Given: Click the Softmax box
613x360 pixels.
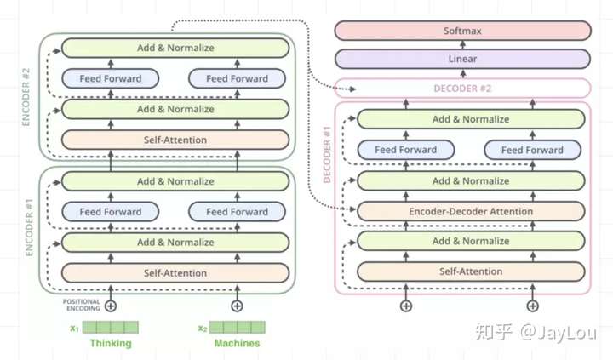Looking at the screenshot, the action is point(462,31).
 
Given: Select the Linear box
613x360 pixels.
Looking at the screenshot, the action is point(462,59).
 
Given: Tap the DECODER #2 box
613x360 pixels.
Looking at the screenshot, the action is point(462,89).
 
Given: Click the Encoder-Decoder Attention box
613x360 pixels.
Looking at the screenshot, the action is point(471,211).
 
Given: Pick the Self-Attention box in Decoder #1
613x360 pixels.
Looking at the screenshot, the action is point(471,271).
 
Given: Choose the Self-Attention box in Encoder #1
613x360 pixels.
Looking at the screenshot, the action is point(175,273).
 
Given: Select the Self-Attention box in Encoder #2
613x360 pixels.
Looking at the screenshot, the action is point(175,140).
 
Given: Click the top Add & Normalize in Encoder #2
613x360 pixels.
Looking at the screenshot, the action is point(175,48).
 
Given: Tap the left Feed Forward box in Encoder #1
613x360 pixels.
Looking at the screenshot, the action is point(110,212).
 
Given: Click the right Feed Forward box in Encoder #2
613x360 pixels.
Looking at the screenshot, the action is point(237,78).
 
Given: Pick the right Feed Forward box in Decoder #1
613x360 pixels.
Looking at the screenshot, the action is point(532,150).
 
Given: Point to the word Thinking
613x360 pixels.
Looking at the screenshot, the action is point(111,343).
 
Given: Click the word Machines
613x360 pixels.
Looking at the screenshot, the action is point(237,343).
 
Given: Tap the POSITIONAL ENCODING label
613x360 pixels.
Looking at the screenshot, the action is point(82,305).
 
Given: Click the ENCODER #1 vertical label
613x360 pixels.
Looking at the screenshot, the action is point(29,228).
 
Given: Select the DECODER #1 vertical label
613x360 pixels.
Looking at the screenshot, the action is point(327,154).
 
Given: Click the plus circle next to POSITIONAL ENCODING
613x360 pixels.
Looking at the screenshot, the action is point(111,306).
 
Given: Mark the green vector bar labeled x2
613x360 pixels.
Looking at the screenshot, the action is point(237,327).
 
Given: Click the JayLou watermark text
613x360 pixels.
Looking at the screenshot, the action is point(558,332).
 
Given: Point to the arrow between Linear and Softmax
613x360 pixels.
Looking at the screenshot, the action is point(462,45).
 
